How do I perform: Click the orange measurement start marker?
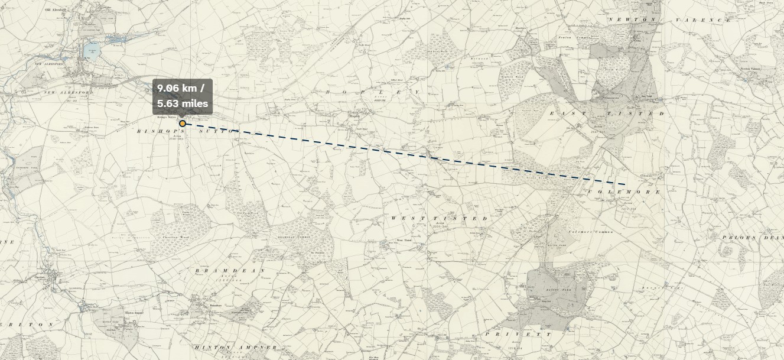183,124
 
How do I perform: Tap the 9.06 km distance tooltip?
183,96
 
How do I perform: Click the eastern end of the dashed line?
626,184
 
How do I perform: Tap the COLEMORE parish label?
623,192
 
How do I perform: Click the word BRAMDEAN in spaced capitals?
230,270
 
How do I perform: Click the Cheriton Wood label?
174,238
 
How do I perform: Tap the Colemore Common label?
591,232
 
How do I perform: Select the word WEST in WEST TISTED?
402,218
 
